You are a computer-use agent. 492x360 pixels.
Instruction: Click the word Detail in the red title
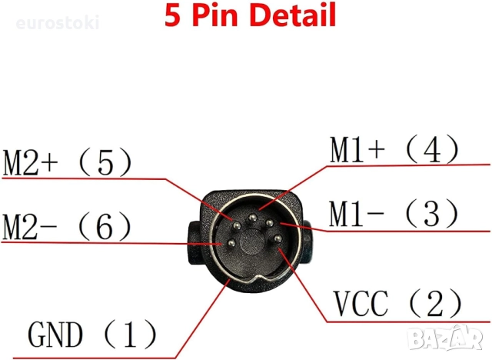coord(294,15)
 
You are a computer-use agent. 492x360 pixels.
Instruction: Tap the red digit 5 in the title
coord(172,15)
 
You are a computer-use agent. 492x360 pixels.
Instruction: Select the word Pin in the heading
coord(216,15)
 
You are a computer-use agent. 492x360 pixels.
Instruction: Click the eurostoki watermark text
coord(58,23)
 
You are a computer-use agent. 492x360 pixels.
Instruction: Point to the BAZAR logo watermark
coord(446,338)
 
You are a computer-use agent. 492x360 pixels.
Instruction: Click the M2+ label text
coord(31,162)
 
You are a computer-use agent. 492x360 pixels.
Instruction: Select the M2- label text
coord(30,226)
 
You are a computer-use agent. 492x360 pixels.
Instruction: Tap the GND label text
coord(55,335)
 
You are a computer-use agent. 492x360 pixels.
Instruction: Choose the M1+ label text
coord(357,149)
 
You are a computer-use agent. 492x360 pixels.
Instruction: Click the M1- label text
coord(356,213)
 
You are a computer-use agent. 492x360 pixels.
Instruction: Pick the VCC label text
coord(361,303)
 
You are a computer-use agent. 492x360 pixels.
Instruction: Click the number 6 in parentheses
coord(105,226)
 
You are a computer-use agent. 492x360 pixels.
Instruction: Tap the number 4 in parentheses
coord(432,150)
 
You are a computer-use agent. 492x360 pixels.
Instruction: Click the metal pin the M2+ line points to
coord(236,225)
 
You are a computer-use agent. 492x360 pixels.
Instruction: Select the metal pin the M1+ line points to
coord(252,217)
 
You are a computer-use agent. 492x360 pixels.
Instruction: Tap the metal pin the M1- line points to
coord(270,223)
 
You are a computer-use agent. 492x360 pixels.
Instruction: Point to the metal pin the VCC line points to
coord(278,239)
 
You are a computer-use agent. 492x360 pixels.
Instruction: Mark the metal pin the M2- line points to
coord(231,243)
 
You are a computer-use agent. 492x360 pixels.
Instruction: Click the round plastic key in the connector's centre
coord(253,242)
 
